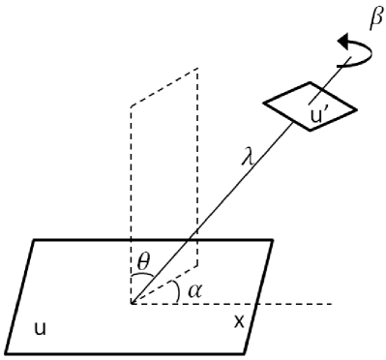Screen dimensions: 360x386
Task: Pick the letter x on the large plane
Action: point(238,319)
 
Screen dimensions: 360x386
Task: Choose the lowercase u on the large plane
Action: point(39,329)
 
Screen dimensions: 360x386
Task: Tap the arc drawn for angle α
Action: point(176,290)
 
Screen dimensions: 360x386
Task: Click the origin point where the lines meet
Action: point(132,303)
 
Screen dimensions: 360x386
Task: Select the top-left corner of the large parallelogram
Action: point(35,239)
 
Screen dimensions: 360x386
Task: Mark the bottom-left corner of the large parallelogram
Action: point(5,351)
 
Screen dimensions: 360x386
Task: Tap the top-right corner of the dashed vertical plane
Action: point(198,69)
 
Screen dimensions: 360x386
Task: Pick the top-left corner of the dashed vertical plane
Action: point(132,109)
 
